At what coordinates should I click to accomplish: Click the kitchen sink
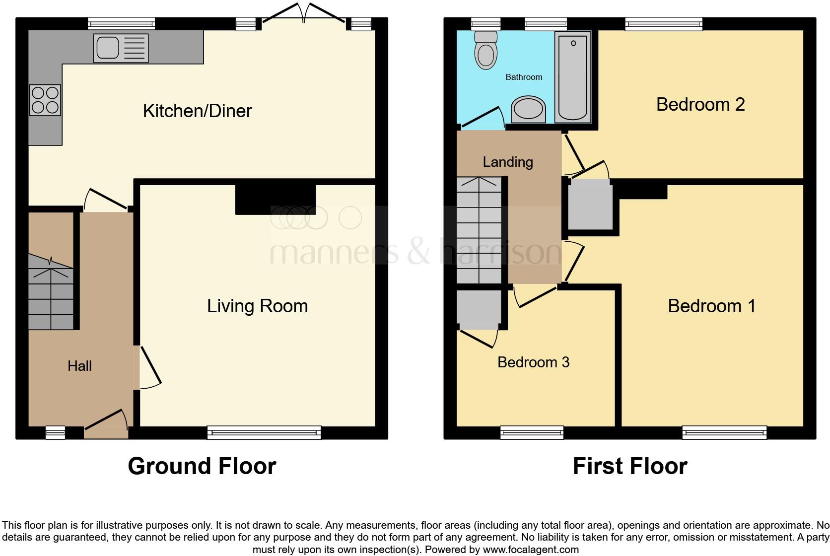121,48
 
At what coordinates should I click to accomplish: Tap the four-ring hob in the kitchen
45,100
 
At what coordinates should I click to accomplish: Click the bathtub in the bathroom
573,76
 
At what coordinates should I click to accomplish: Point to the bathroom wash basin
528,110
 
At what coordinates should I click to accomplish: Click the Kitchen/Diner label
197,111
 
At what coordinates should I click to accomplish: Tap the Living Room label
257,306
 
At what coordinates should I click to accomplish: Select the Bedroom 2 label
700,104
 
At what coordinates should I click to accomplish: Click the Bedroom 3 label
533,362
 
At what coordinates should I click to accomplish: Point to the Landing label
507,162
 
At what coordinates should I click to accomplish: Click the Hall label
79,366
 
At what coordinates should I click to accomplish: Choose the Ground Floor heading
202,466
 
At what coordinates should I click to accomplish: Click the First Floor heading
629,466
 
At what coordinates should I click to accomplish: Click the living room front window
264,433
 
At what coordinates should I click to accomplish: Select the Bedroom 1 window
724,433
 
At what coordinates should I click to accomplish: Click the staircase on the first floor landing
480,231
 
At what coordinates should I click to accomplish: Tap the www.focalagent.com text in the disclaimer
530,550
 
